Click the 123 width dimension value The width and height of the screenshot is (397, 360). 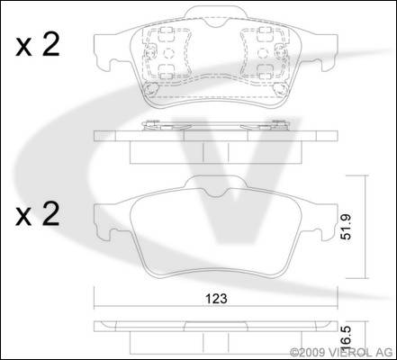pos(216,299)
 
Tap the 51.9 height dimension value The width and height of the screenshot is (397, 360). pos(347,227)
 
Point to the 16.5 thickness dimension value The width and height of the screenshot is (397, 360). pos(346,340)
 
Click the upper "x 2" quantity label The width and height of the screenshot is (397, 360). pos(38,45)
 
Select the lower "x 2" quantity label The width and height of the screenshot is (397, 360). pos(38,214)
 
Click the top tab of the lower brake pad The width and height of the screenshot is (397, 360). pos(216,183)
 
